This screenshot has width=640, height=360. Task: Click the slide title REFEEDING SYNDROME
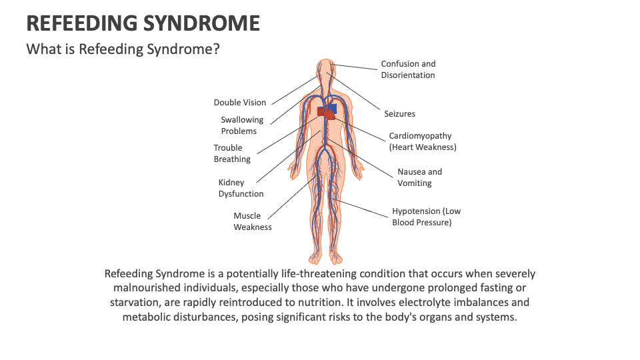click(143, 23)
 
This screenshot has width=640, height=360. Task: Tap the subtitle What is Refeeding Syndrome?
click(123, 49)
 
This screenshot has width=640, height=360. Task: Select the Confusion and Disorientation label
click(408, 69)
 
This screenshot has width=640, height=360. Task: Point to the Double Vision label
click(239, 103)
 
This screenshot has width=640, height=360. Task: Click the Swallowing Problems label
click(242, 125)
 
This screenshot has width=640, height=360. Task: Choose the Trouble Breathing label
click(232, 153)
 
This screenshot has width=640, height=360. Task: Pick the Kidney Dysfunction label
click(241, 188)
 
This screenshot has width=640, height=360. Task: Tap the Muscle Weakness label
click(252, 221)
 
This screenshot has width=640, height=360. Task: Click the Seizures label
click(399, 114)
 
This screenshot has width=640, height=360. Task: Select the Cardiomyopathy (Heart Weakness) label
click(423, 141)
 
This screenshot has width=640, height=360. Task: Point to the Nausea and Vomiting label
click(419, 177)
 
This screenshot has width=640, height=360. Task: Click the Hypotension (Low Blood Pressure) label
click(426, 217)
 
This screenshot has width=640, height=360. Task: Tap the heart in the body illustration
click(327, 111)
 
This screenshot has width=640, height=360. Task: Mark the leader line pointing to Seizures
click(353, 91)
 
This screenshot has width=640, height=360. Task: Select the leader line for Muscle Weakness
click(291, 197)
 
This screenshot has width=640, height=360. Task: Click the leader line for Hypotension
click(361, 208)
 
